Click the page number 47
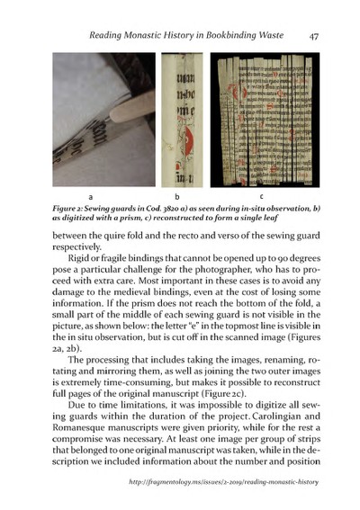click(x=314, y=37)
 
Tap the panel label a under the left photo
click(x=90, y=195)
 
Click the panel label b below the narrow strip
click(x=177, y=195)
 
